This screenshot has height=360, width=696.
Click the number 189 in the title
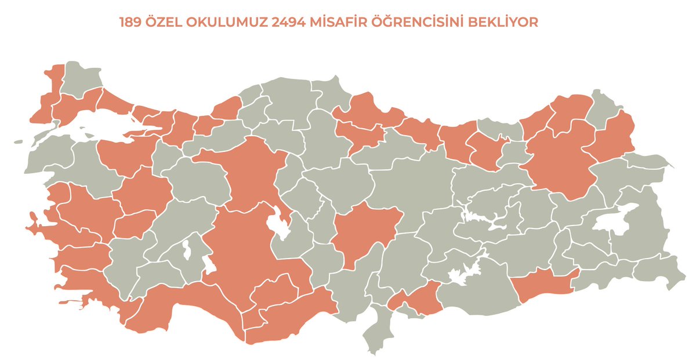(x=131, y=23)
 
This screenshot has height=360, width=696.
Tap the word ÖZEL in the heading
(x=166, y=23)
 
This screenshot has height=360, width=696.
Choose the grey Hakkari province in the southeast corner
(x=658, y=270)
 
